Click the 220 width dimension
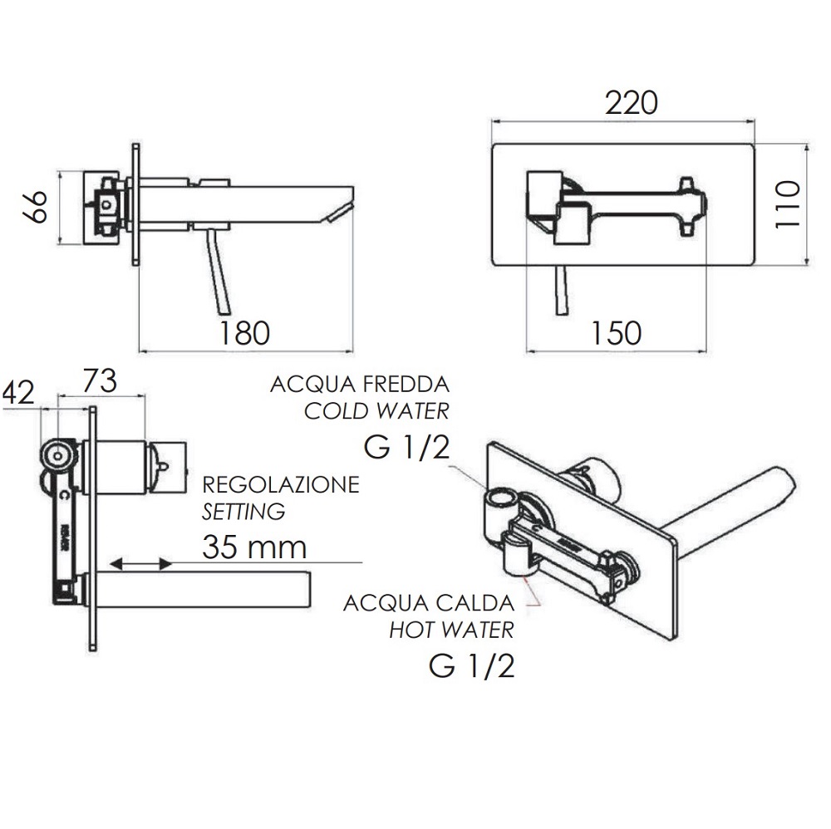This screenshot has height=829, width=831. point(631,103)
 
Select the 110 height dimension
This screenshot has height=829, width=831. point(787,204)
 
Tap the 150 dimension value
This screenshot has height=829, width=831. point(616,333)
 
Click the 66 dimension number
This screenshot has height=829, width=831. point(35,207)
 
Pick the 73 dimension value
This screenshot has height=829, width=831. point(100,381)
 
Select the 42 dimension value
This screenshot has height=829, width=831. point(19,393)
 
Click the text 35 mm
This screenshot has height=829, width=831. point(254,547)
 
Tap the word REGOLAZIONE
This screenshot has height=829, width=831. point(281,484)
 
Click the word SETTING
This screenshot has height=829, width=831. point(243,512)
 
